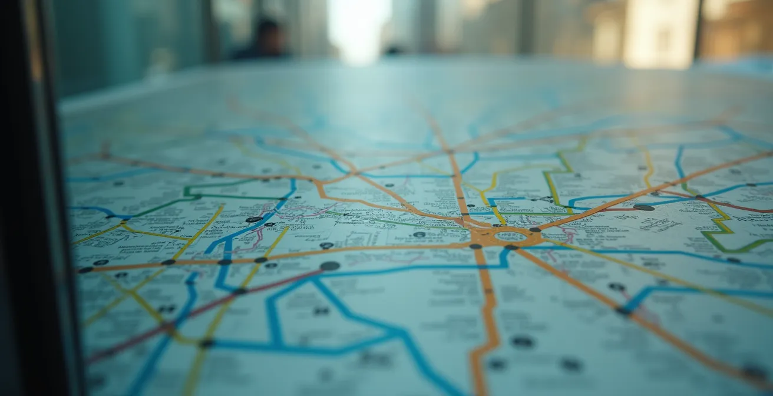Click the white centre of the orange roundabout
510,236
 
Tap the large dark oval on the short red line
643,207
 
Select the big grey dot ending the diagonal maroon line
329,266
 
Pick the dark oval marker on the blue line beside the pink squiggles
254,219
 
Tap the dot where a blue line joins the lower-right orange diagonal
622,311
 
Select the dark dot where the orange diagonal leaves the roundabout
535,229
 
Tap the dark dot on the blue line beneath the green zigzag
733,259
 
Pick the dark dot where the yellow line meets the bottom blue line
207,343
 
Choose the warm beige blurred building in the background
660,32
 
